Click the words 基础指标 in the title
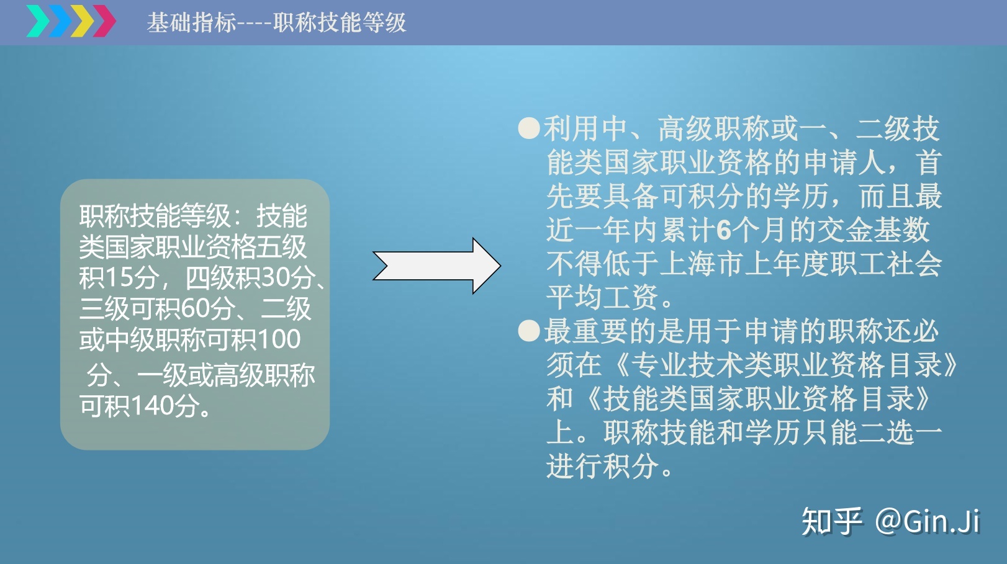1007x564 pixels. [x=191, y=22]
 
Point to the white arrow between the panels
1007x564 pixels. [x=436, y=266]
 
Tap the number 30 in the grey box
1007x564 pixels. [x=274, y=278]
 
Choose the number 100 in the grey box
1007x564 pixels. [x=279, y=339]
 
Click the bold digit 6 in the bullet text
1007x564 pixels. [x=724, y=230]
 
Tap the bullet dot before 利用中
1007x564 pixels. [x=529, y=128]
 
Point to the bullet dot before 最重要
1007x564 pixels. [x=529, y=331]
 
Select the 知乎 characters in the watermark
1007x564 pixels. [x=832, y=521]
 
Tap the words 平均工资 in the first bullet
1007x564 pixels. [x=602, y=297]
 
